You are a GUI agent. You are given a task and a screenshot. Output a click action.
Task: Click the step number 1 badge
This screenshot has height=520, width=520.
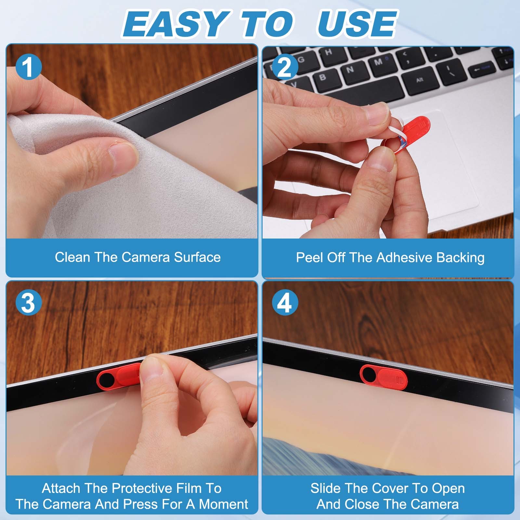click(29, 67)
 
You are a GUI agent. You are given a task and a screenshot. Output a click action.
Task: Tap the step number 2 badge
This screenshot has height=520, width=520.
click(285, 67)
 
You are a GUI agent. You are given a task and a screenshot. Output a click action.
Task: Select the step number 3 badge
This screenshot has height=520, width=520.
click(29, 303)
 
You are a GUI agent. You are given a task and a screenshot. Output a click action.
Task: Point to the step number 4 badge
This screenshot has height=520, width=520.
click(285, 303)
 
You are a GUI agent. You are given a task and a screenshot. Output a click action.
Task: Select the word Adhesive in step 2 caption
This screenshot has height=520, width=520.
click(405, 257)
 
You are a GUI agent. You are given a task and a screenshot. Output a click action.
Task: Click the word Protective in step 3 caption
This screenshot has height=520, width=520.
click(143, 488)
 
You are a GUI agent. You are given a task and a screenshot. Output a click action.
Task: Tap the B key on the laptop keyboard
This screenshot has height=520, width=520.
click(323, 77)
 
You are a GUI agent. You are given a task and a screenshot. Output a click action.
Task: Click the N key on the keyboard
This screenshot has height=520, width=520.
click(350, 70)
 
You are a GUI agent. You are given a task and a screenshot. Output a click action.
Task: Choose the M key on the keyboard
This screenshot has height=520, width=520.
click(378, 62)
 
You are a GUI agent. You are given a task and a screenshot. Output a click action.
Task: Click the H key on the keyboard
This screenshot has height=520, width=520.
click(329, 52)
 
